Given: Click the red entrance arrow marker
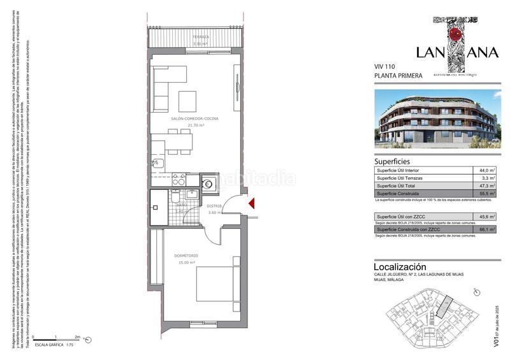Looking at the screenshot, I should click(251, 204).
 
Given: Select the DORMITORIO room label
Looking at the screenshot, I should click(186, 256).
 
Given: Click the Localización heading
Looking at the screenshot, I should click(400, 266).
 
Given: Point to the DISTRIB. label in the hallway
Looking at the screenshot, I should click(214, 206).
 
